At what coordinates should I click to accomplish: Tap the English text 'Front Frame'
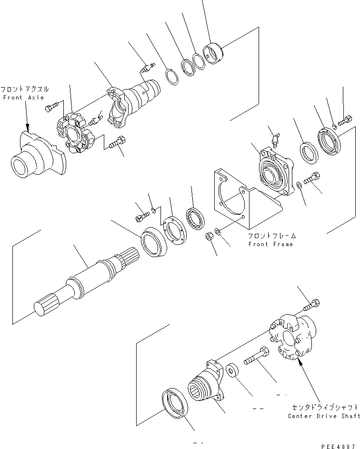click(x=270, y=244)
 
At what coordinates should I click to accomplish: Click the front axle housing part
click(x=38, y=155)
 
